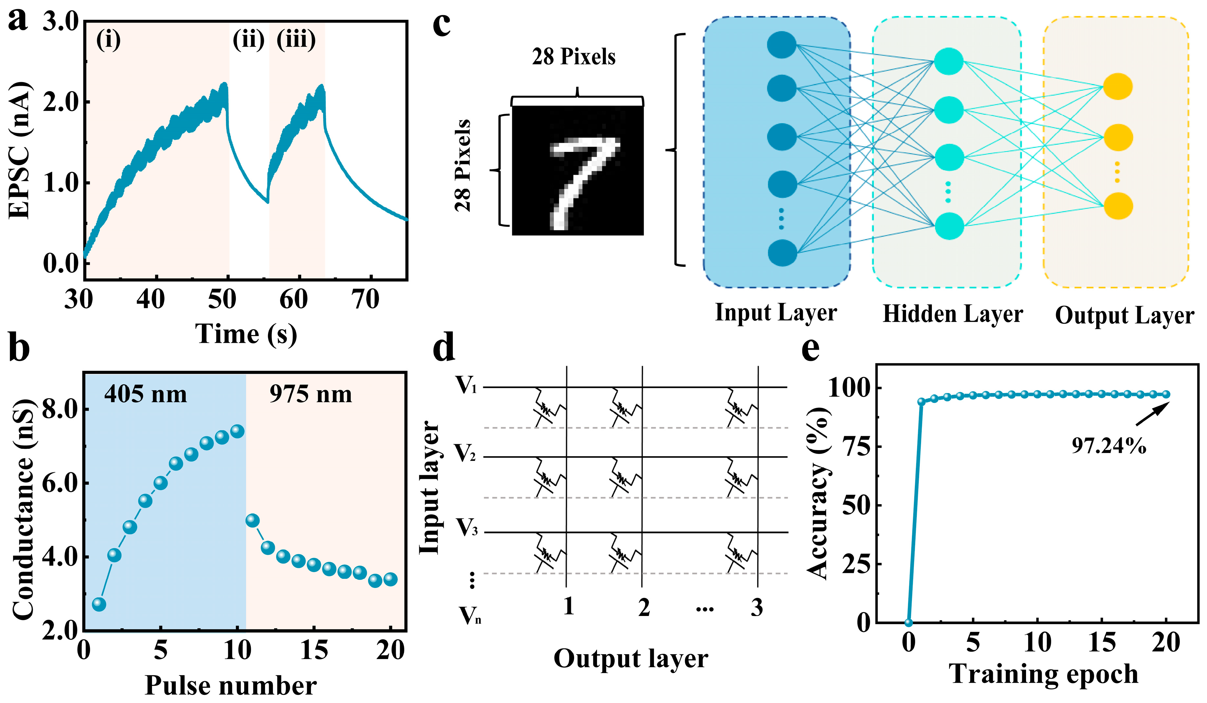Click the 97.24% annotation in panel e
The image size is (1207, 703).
1109,446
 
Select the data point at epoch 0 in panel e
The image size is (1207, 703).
909,622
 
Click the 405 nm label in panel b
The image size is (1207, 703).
146,395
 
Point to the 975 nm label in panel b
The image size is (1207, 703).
310,395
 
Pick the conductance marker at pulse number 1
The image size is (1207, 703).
99,604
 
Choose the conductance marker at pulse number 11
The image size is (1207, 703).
252,520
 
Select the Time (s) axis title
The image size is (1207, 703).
246,334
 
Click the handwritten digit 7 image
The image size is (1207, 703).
578,170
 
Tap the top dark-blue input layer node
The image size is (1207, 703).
782,45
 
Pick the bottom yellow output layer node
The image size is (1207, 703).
1118,206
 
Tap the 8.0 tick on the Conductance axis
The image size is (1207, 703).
60,409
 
